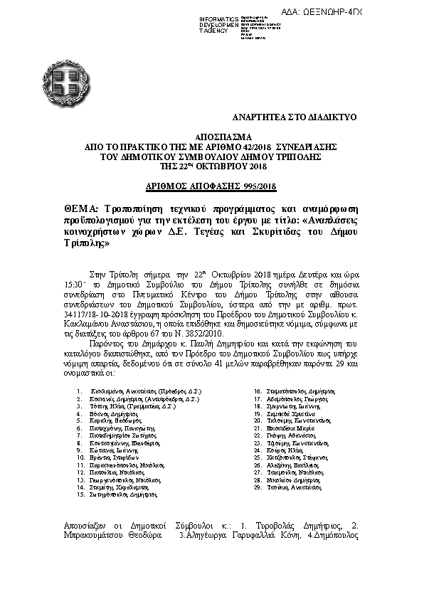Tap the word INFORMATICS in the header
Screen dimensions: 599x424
(218, 17)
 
